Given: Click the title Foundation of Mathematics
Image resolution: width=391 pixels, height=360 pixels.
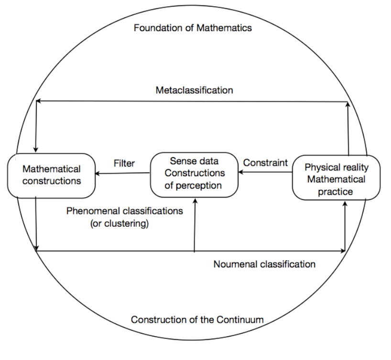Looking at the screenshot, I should click(193, 27).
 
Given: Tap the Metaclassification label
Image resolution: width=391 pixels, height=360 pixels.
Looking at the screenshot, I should click(194, 90).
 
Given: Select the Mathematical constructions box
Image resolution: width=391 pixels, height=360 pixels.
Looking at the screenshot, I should click(52, 175).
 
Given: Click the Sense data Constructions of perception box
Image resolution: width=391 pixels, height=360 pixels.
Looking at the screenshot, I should click(194, 174).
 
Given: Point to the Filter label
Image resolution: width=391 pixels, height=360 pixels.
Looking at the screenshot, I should click(124, 163).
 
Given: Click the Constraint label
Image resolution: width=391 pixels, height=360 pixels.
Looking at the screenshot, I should click(265, 163).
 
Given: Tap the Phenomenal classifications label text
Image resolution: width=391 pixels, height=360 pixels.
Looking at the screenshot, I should click(125, 211).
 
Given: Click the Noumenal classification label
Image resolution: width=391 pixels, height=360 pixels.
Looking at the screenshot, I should click(264, 264).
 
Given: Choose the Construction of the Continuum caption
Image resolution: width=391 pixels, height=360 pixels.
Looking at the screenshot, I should click(197, 319).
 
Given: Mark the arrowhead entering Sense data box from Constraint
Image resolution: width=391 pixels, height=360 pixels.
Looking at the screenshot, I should click(241, 173).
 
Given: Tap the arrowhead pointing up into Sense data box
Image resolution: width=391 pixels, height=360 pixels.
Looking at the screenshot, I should click(195, 200).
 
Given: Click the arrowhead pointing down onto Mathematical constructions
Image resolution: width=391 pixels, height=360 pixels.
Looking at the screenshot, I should click(36, 150).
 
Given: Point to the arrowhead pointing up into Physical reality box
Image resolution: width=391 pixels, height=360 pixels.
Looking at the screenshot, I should click(345, 203).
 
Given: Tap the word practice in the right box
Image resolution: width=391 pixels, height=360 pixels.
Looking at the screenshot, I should click(336, 191).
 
